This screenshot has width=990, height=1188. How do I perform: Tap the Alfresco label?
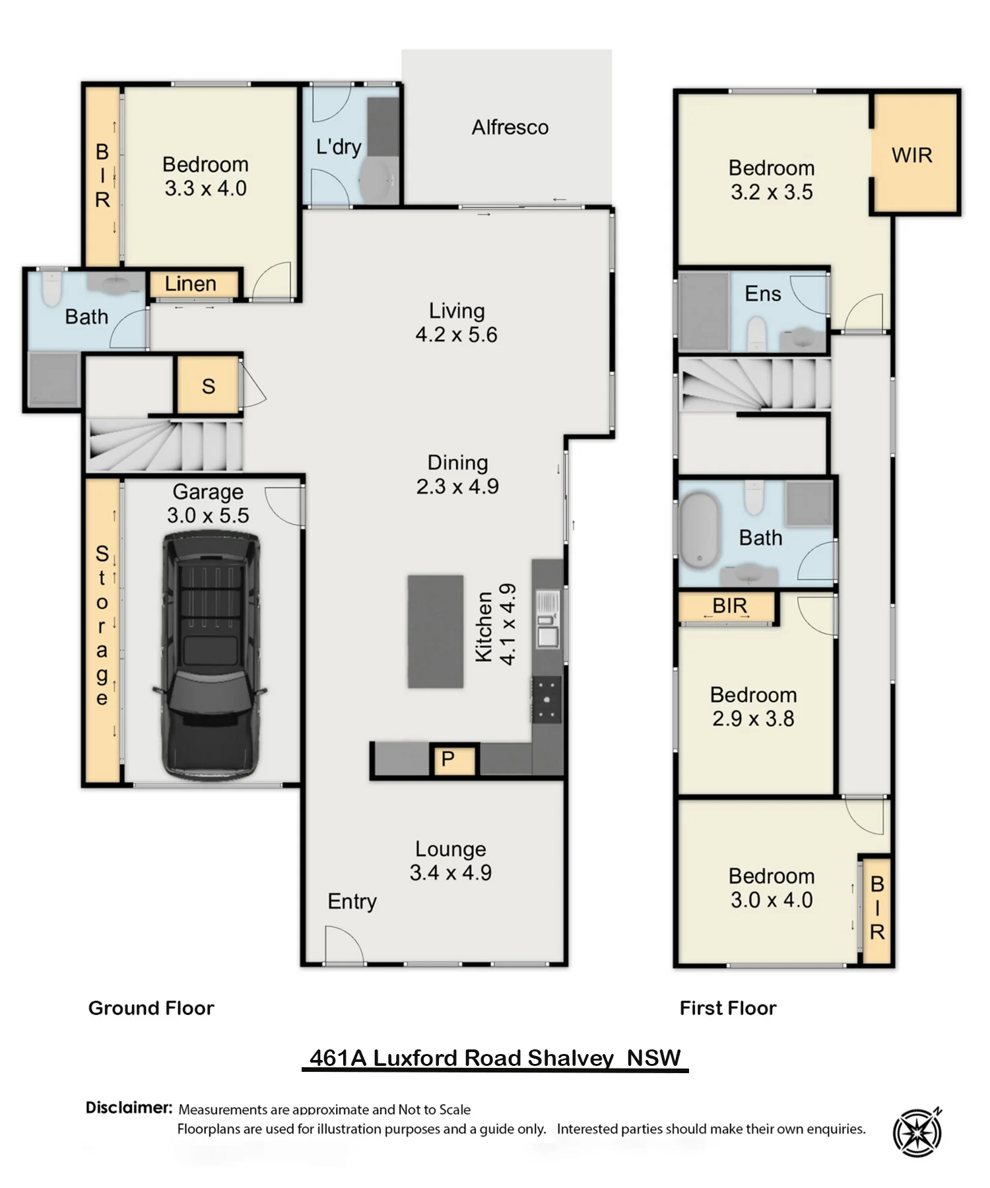[x=510, y=127]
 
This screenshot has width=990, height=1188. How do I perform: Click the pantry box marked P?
[x=452, y=760]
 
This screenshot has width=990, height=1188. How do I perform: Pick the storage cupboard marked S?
[x=209, y=386]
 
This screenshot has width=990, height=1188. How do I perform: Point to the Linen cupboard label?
[x=191, y=284]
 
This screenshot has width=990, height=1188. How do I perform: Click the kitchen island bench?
[x=436, y=632]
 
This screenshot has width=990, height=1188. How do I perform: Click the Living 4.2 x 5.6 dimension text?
[x=457, y=335]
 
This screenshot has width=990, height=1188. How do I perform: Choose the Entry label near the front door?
[x=352, y=902]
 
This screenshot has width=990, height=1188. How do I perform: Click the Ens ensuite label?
[x=763, y=294]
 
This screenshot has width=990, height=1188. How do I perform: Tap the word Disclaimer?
[x=129, y=1107]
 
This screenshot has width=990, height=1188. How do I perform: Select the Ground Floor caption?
[x=151, y=1008]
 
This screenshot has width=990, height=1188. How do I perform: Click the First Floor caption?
[x=728, y=1008]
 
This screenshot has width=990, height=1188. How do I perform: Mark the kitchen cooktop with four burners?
[x=548, y=700]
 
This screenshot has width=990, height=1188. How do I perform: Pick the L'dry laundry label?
[x=339, y=147]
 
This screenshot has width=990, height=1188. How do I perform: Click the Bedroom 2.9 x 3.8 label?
[x=753, y=706]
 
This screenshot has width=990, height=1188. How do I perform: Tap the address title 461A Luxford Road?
[x=495, y=1058]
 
